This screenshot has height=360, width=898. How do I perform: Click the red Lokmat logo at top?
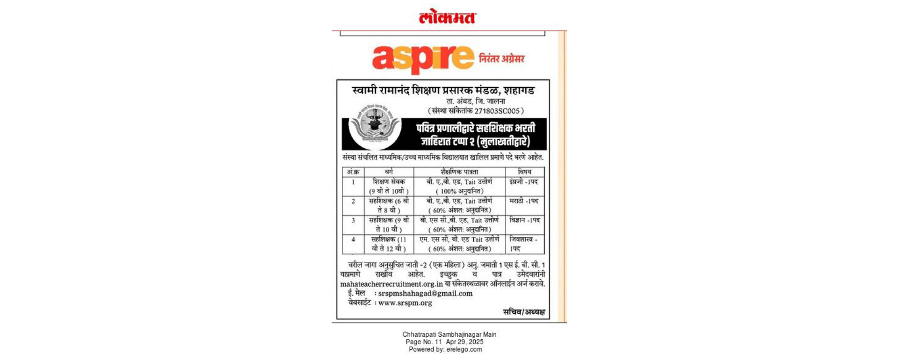(448, 17)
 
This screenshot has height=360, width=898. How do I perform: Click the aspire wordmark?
(423, 58)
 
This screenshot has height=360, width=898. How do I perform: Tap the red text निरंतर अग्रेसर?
(501, 59)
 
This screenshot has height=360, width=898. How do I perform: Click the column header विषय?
(524, 172)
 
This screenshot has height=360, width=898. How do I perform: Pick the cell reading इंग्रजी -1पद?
(524, 182)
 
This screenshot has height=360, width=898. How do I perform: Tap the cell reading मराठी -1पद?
(524, 201)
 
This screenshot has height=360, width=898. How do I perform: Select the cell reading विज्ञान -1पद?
(524, 220)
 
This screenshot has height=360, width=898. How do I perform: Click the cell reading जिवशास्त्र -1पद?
(523, 244)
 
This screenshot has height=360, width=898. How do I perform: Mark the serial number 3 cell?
(353, 220)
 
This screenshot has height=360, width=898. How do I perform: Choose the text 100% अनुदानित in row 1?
(459, 191)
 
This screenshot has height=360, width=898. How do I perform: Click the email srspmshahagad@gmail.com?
(425, 294)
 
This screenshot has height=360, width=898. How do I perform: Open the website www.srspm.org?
(405, 303)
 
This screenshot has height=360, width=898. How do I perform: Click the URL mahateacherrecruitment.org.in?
(391, 284)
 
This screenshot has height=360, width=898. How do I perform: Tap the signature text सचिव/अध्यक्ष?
(523, 312)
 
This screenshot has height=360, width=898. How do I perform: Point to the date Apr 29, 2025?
(464, 342)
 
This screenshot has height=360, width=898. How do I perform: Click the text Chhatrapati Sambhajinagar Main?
(449, 334)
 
